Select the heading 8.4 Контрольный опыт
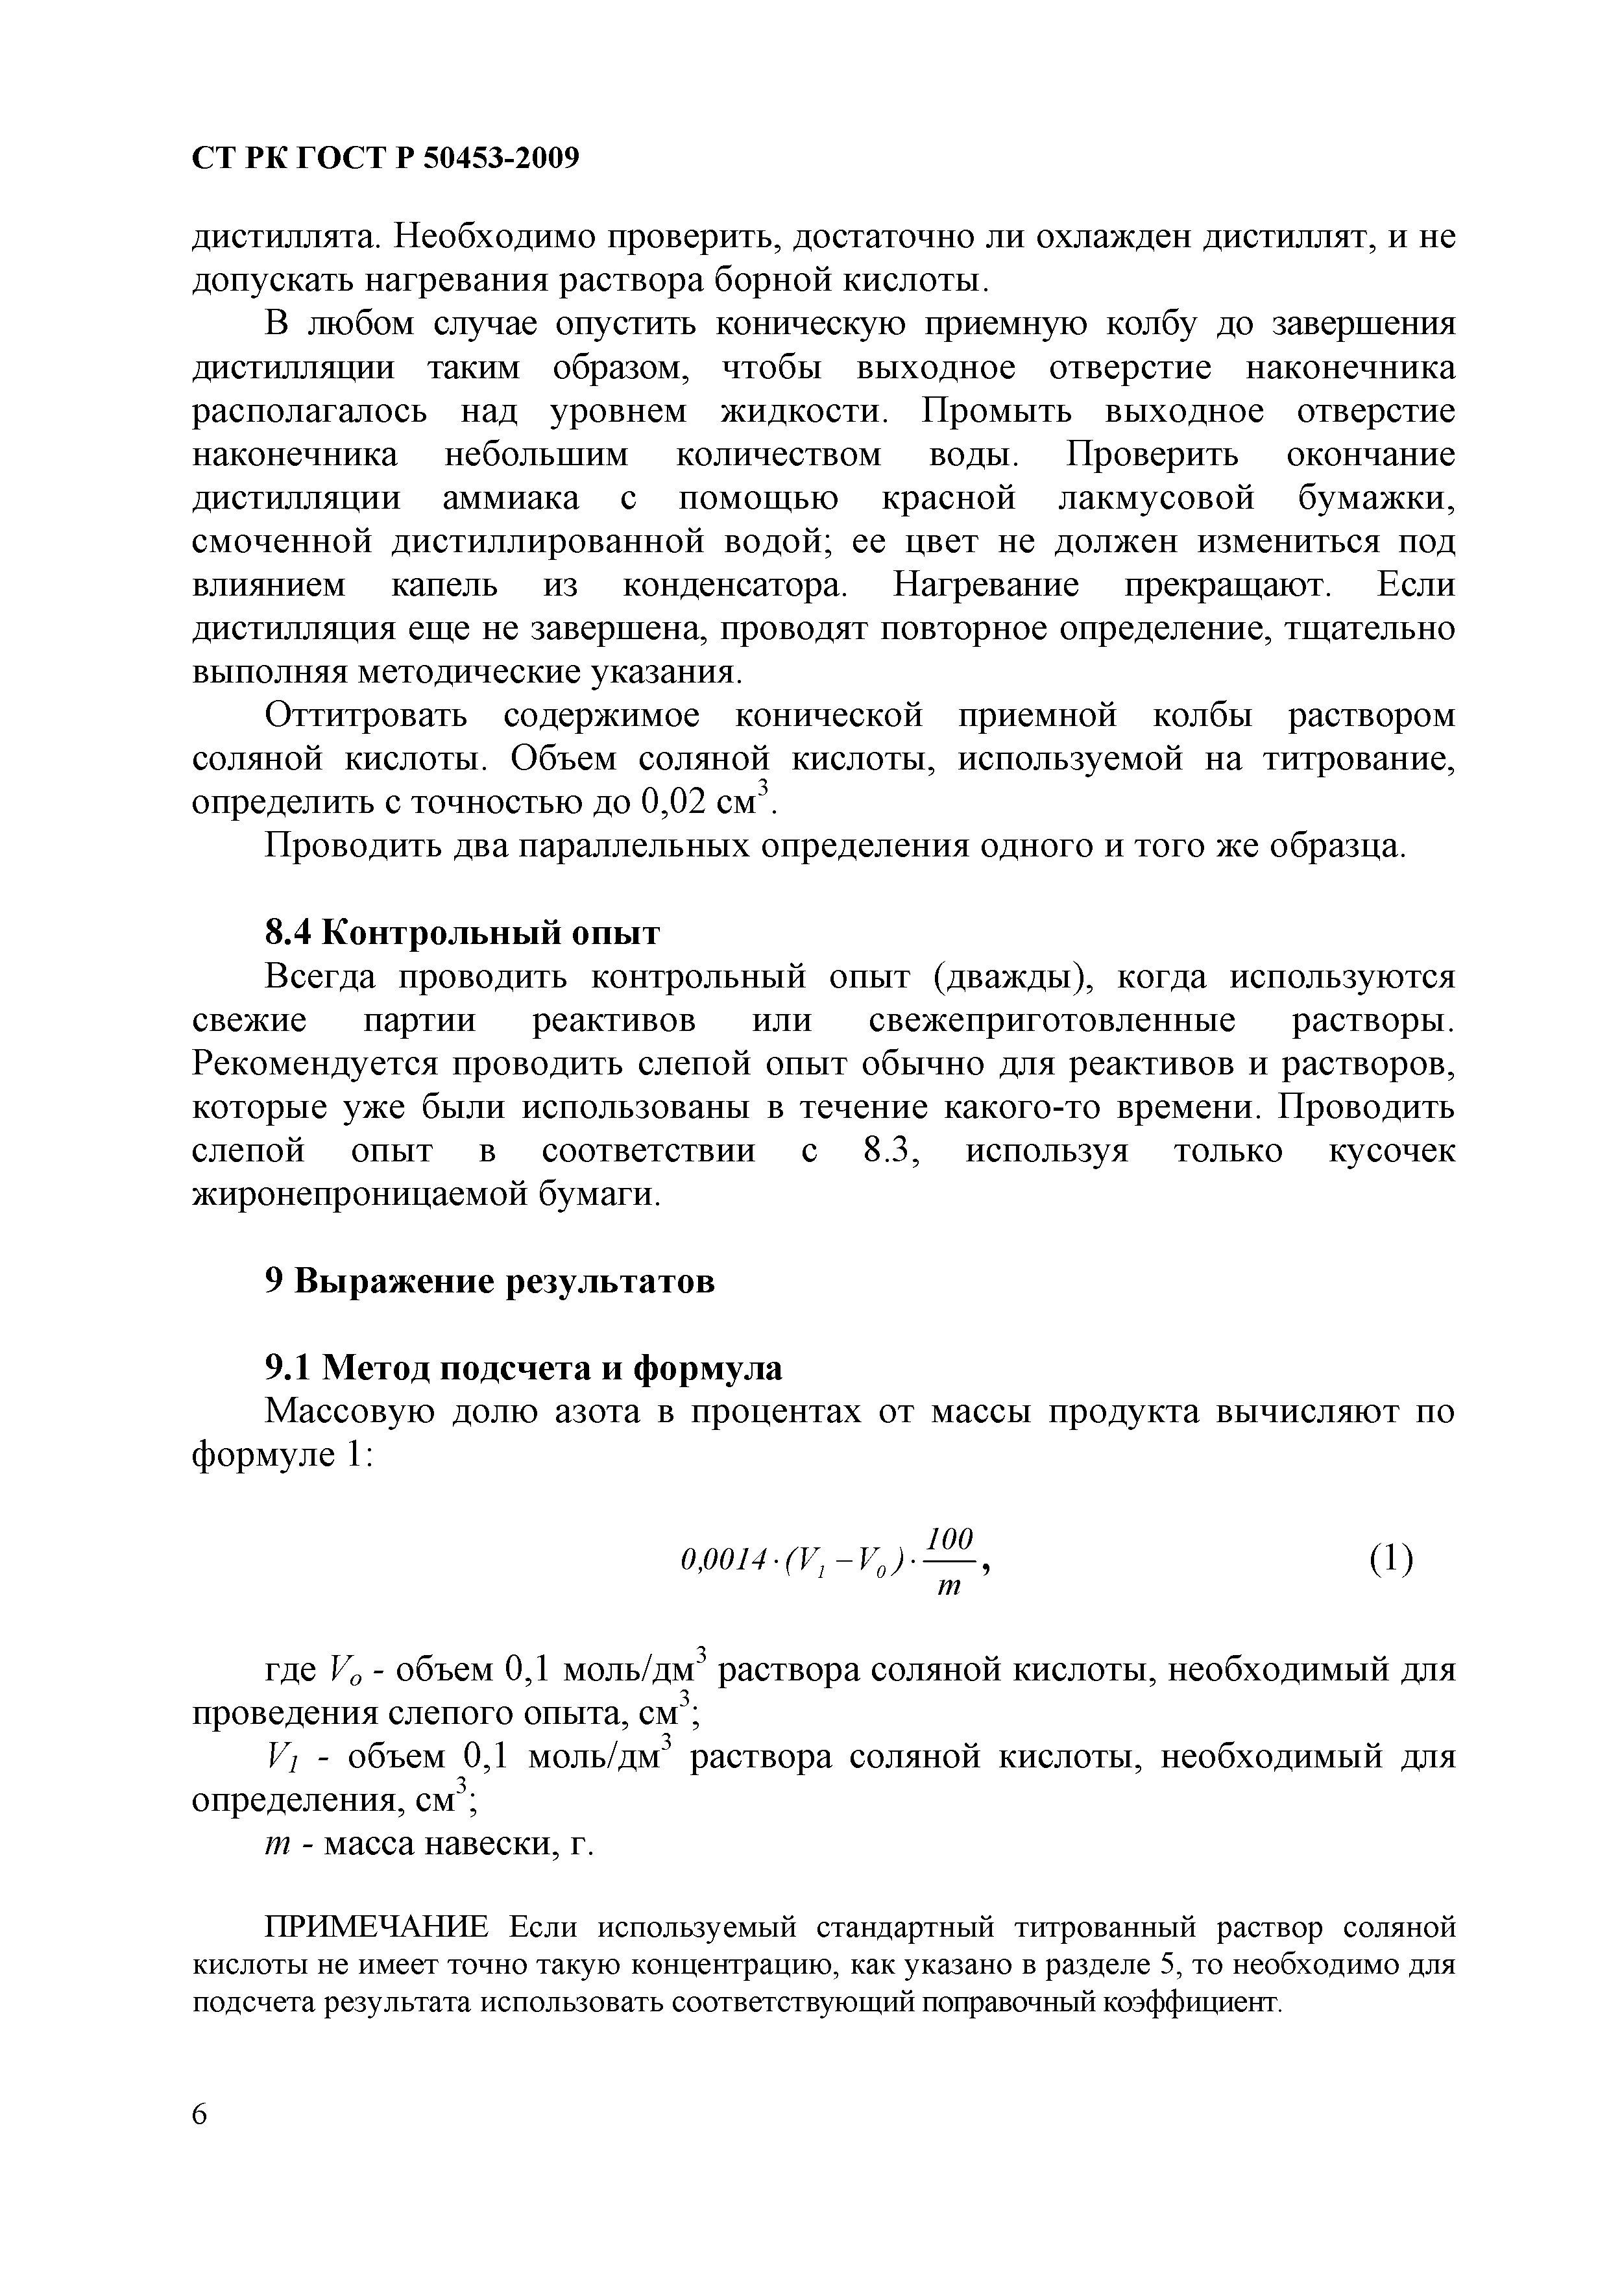[x=461, y=933]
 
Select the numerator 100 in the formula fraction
[x=949, y=1540]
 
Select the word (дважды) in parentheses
[x=1011, y=976]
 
